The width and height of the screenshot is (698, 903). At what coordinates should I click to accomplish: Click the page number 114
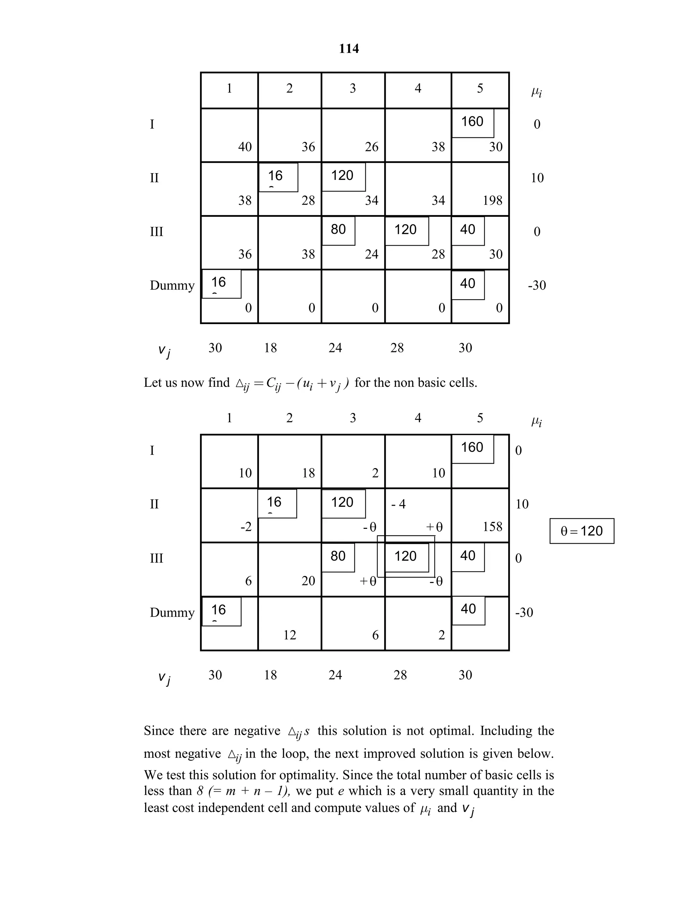[x=349, y=49]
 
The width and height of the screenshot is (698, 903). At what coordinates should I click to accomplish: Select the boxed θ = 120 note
[x=581, y=531]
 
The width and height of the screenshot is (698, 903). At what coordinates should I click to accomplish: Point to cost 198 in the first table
[x=492, y=200]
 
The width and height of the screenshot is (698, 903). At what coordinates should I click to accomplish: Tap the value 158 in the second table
[x=492, y=527]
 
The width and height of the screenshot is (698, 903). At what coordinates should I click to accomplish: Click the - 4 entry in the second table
[x=398, y=504]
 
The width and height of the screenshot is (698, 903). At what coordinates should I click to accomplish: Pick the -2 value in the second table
[x=246, y=527]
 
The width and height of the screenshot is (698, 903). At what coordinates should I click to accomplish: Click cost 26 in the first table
[x=371, y=147]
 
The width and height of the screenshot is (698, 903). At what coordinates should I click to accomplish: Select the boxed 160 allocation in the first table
[x=472, y=122]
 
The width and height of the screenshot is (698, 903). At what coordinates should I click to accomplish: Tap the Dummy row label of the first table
[x=172, y=285]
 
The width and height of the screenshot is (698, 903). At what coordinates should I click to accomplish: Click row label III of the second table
[x=156, y=558]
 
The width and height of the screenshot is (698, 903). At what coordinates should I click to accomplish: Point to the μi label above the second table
[x=536, y=422]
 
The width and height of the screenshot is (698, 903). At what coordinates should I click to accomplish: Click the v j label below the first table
[x=164, y=351]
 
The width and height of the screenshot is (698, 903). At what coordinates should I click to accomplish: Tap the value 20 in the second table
[x=308, y=581]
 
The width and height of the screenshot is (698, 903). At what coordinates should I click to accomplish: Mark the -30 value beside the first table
[x=537, y=285]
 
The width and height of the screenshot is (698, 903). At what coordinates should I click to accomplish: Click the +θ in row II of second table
[x=434, y=527]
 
